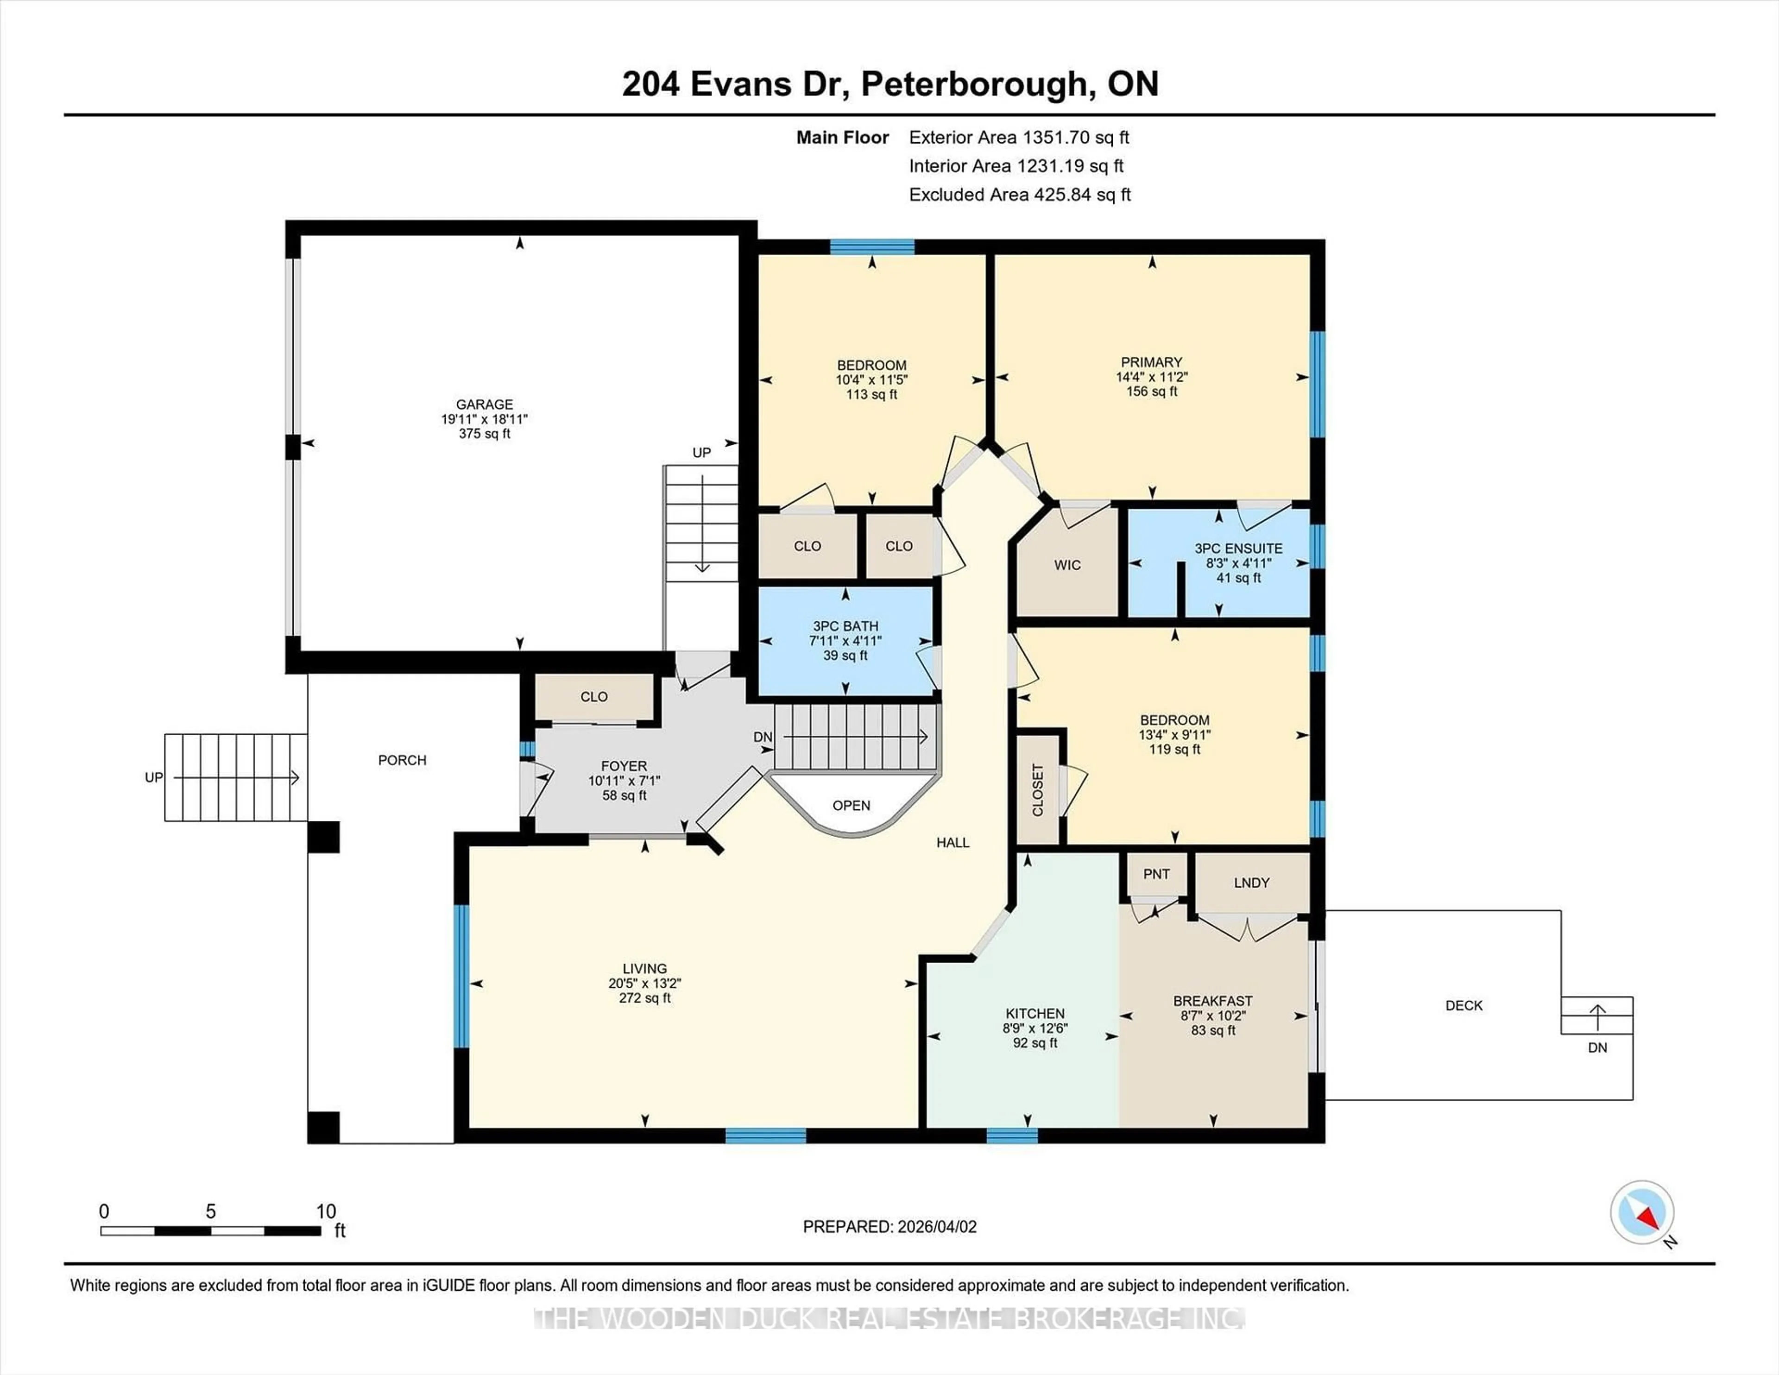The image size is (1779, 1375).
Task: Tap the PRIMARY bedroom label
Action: pos(1151,362)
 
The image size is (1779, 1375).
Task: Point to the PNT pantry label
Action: pos(1156,874)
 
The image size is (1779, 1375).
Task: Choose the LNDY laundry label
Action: pos(1251,882)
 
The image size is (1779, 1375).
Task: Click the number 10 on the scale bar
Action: pos(326,1211)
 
